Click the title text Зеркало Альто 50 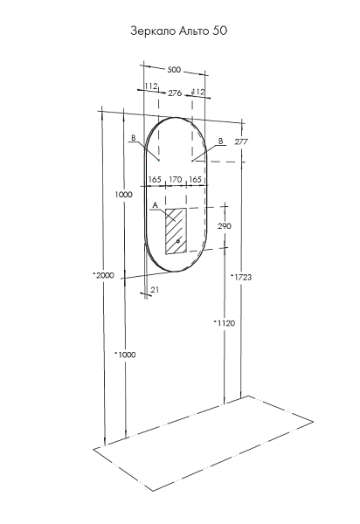click(x=179, y=31)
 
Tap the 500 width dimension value click(x=174, y=70)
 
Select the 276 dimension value click(x=175, y=93)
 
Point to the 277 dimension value click(x=241, y=141)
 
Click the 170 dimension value click(x=176, y=180)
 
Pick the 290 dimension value click(x=225, y=226)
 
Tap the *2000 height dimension click(x=103, y=275)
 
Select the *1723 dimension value click(x=241, y=277)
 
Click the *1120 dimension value click(x=225, y=323)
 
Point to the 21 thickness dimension click(x=155, y=290)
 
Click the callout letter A click(x=155, y=205)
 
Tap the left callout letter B click(x=133, y=138)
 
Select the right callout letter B click(x=220, y=141)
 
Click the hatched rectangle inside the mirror click(x=176, y=231)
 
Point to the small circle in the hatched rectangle click(x=178, y=241)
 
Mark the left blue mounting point click(x=159, y=161)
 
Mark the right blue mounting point click(x=192, y=161)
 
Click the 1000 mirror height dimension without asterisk click(x=123, y=194)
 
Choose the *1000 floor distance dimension click(x=125, y=355)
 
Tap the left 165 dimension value click(x=155, y=179)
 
